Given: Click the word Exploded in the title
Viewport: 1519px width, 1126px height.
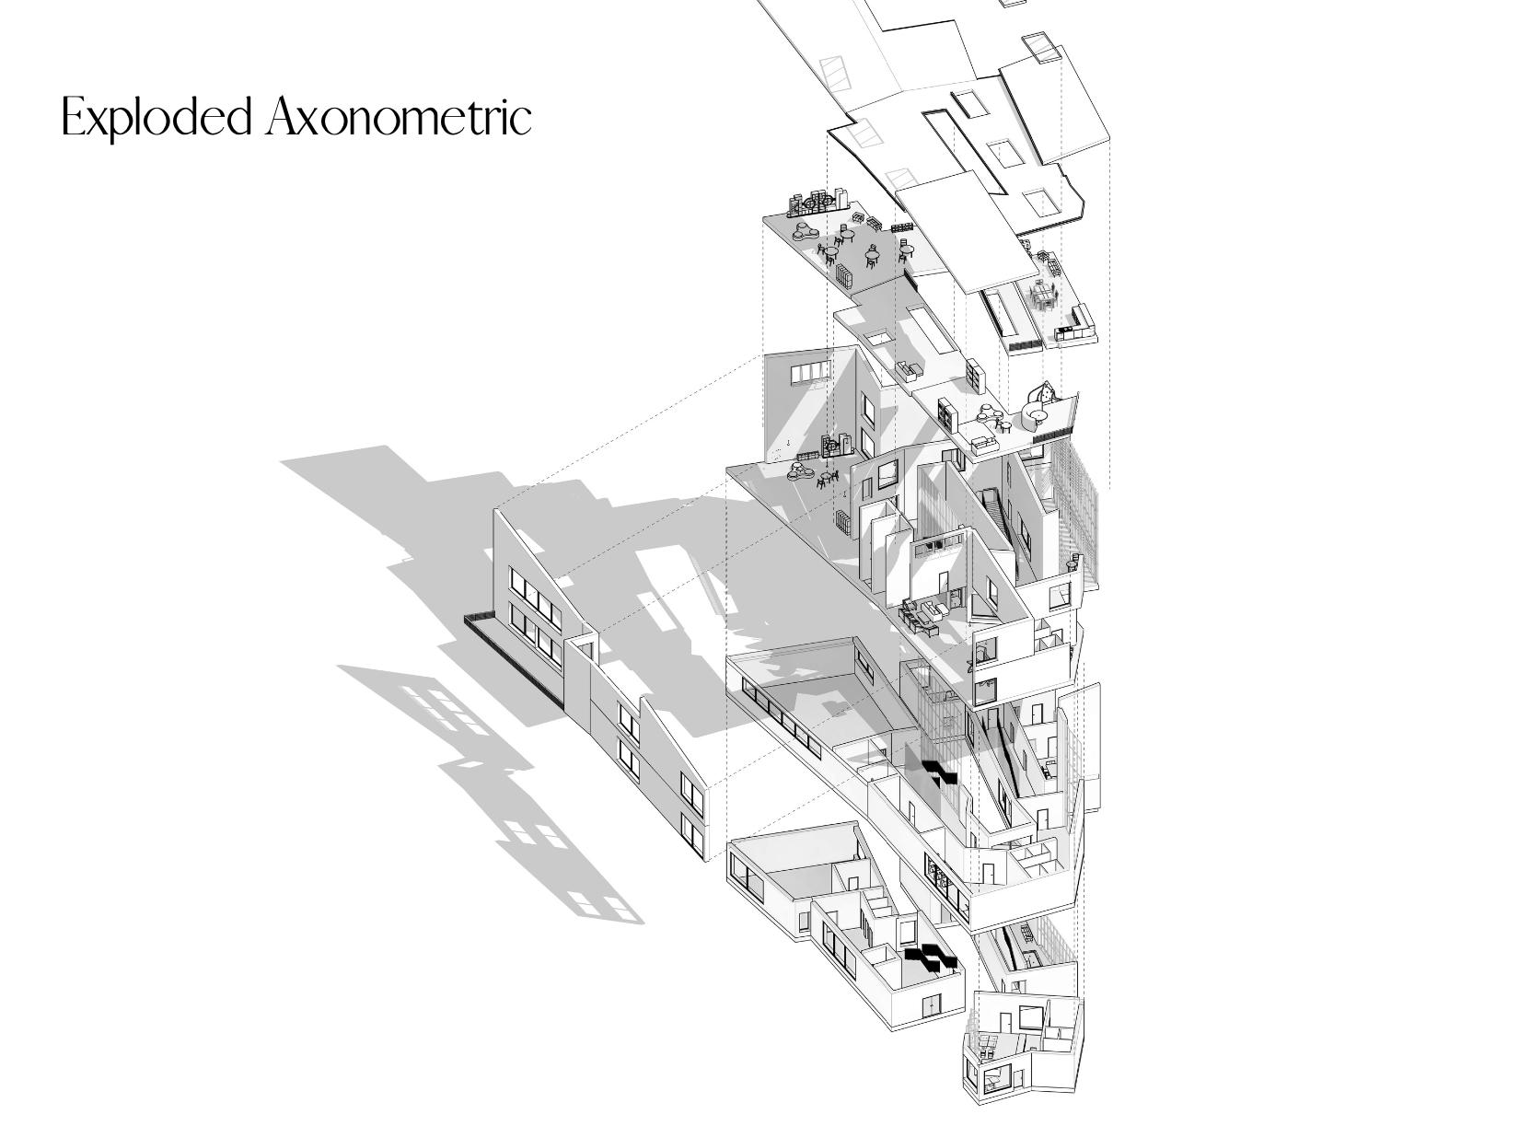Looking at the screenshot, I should (x=157, y=118).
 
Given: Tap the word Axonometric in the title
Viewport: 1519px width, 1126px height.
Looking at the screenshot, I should (x=399, y=118).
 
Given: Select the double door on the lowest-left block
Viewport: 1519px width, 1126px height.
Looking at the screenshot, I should (x=933, y=1006).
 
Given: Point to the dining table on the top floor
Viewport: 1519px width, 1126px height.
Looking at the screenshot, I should (x=1044, y=296).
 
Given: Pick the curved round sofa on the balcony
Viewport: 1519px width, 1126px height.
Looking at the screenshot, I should (x=1038, y=420).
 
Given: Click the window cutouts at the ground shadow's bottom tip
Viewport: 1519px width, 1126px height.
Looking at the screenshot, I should (x=605, y=905).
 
